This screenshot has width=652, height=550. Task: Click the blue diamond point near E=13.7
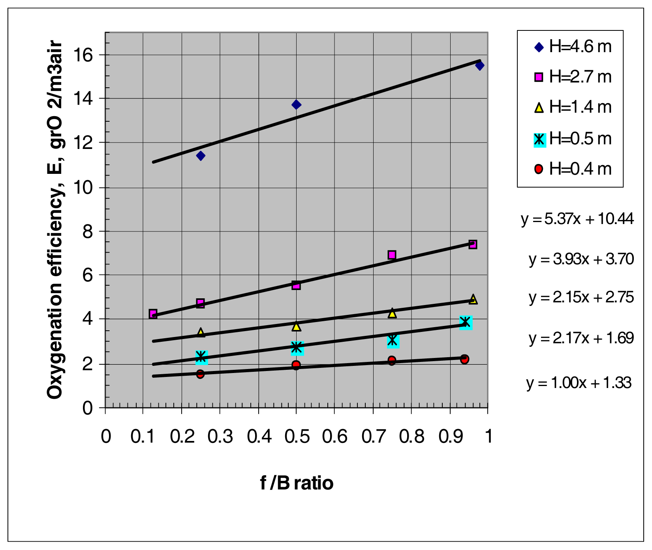296,105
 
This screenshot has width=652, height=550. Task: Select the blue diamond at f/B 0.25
201,156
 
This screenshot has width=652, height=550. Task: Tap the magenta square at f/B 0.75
392,255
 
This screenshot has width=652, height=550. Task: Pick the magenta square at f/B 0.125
153,314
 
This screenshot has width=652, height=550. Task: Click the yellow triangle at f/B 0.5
296,326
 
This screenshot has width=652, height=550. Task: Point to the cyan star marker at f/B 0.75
393,340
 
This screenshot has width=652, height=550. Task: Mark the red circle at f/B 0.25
200,374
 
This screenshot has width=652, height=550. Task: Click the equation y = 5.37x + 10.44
577,219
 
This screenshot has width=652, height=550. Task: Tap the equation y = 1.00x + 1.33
579,383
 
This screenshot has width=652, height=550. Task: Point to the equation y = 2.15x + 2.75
581,298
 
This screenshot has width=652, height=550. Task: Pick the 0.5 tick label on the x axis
297,437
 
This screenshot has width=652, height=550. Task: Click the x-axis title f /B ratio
297,483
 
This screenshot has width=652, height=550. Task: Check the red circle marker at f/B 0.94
464,359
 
